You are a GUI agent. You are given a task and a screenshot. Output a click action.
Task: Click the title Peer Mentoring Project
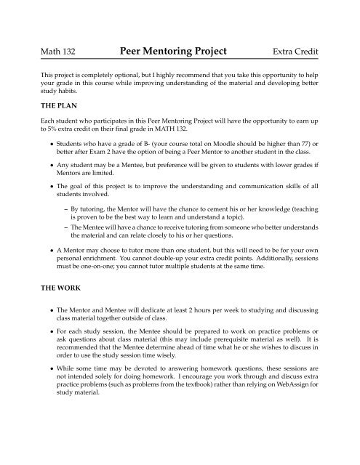(x=179, y=52)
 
